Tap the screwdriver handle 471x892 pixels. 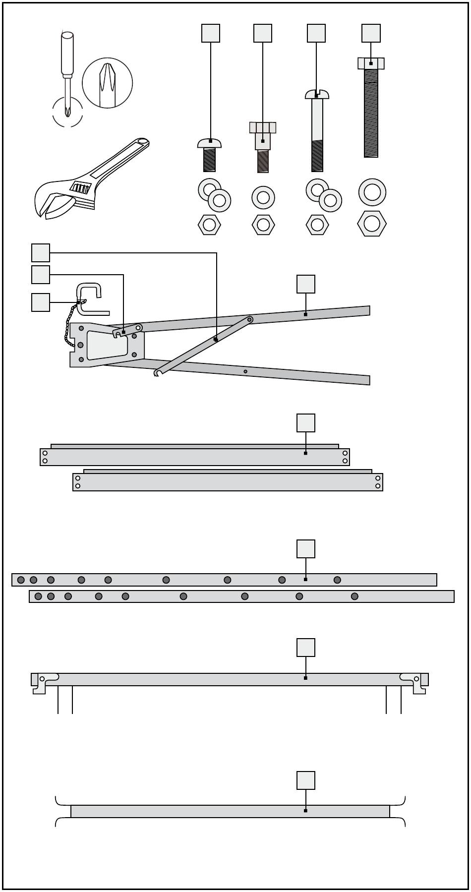click(x=66, y=54)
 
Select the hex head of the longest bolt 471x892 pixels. click(x=371, y=63)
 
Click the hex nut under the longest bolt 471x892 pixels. click(x=371, y=224)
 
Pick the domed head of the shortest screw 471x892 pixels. click(x=209, y=143)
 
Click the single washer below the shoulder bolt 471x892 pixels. click(x=263, y=197)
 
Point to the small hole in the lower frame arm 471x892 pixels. click(x=245, y=371)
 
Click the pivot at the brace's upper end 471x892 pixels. click(x=250, y=320)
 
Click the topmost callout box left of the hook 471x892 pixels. click(x=40, y=252)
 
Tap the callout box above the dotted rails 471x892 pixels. click(x=305, y=549)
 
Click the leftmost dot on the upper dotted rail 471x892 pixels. click(x=21, y=580)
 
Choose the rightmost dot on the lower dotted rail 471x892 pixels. click(x=354, y=596)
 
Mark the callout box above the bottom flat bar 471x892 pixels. click(x=305, y=780)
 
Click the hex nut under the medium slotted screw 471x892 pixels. click(x=317, y=225)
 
